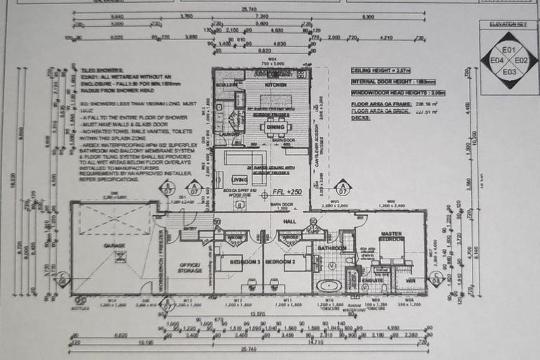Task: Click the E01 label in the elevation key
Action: click(x=509, y=50)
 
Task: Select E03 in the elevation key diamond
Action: click(x=509, y=71)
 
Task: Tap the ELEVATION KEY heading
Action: click(x=508, y=24)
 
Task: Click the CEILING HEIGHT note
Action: click(x=380, y=71)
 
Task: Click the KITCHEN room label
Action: click(x=256, y=84)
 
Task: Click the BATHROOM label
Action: click(x=330, y=247)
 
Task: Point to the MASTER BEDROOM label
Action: click(x=391, y=236)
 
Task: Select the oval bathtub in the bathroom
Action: click(x=328, y=285)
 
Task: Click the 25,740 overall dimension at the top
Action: click(x=249, y=9)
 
